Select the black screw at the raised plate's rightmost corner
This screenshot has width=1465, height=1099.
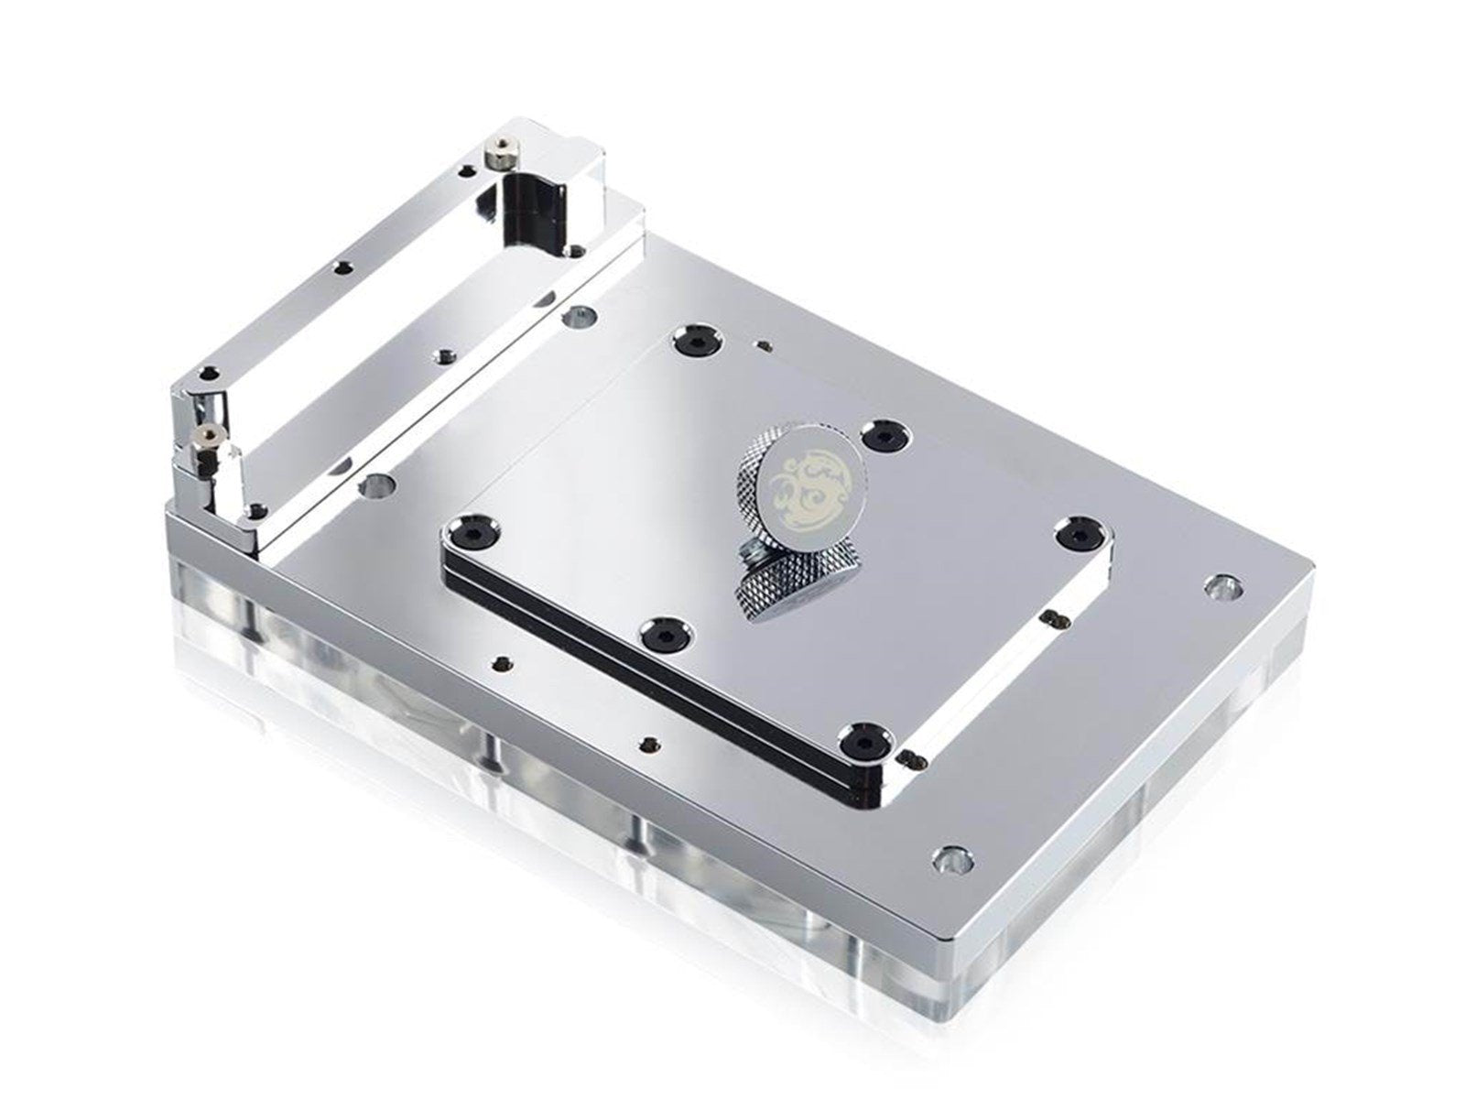pos(1078,534)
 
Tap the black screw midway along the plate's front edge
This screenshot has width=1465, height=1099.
pos(657,630)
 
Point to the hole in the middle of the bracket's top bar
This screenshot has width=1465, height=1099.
pos(342,267)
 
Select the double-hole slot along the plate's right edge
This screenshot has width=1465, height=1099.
pos(1054,619)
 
